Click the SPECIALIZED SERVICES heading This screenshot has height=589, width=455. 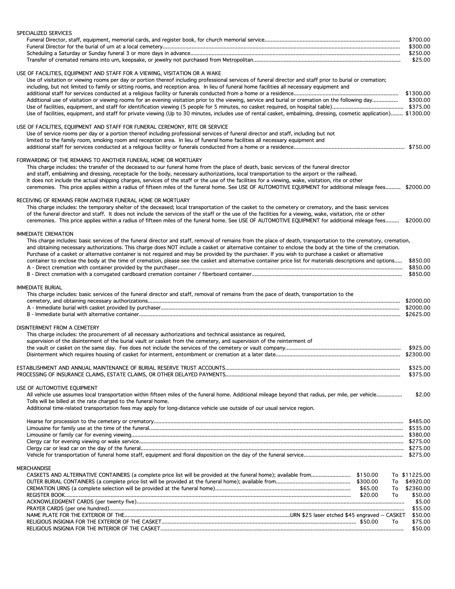[44, 33]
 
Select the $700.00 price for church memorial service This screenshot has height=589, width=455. [419, 40]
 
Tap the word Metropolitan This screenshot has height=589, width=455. [238, 60]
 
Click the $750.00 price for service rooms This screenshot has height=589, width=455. [419, 147]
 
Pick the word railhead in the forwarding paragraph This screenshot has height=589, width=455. [347, 174]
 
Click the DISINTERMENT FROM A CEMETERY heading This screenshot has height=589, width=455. [58, 328]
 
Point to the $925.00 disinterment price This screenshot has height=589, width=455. [419, 348]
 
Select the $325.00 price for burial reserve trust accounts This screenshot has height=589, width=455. [419, 368]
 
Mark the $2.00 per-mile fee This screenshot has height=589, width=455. [423, 395]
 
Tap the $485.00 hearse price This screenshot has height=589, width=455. [419, 421]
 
